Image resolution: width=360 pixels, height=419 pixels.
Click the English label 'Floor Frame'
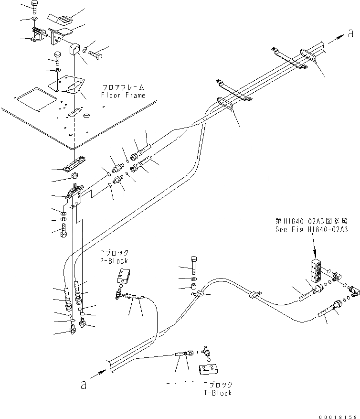(123, 95)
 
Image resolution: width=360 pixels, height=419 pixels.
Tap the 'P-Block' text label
(114, 261)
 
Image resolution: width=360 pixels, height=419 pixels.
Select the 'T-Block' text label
(217, 392)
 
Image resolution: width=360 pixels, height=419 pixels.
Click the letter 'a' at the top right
(351, 33)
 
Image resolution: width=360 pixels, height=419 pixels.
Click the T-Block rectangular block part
(208, 368)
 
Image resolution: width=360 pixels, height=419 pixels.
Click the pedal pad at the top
(59, 20)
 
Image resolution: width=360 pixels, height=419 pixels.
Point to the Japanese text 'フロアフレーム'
(123, 87)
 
